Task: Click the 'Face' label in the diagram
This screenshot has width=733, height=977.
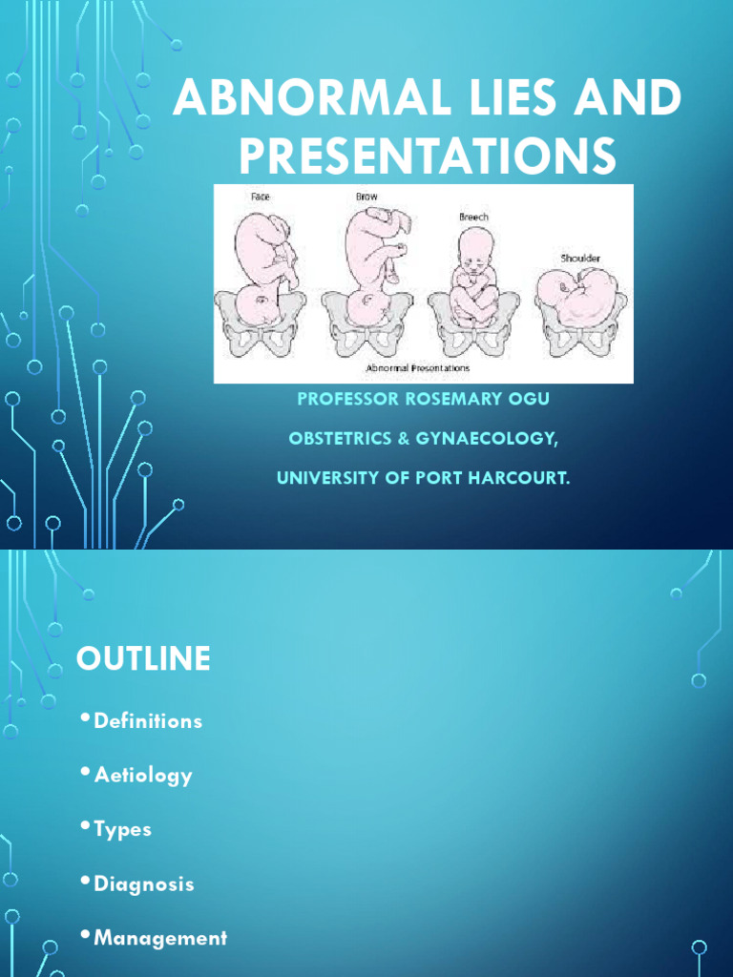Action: [261, 197]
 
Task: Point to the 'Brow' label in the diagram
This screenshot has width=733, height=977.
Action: [367, 197]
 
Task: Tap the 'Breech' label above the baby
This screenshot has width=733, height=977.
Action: [473, 217]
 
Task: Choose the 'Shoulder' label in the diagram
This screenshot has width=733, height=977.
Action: [580, 258]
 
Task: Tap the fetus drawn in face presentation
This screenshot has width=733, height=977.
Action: [263, 267]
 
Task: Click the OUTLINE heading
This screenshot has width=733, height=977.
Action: [143, 659]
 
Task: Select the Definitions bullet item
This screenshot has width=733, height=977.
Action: [148, 721]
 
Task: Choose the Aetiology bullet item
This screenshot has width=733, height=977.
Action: [143, 776]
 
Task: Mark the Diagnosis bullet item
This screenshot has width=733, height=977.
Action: [144, 883]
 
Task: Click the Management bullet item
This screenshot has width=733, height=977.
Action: [160, 938]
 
